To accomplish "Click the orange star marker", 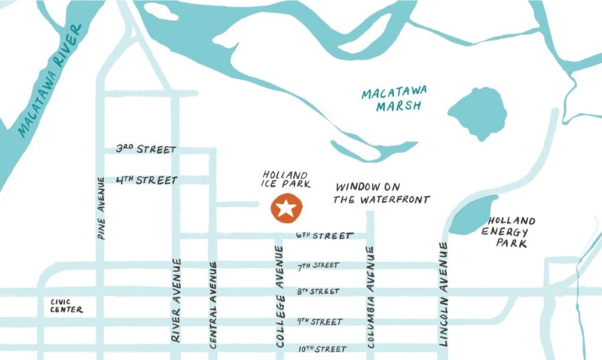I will tap(286, 209).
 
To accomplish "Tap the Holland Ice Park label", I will tap(285, 179).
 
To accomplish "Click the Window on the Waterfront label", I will tap(382, 193).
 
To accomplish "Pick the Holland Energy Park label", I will tap(508, 232).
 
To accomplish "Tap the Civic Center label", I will tap(66, 306).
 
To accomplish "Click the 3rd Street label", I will tap(146, 149).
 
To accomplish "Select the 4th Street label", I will tap(146, 179).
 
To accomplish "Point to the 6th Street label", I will tap(325, 236).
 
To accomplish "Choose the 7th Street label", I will tap(318, 266).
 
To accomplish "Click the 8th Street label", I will tap(318, 292).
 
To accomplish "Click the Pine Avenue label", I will tap(101, 208).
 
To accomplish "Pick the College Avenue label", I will tap(280, 297).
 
